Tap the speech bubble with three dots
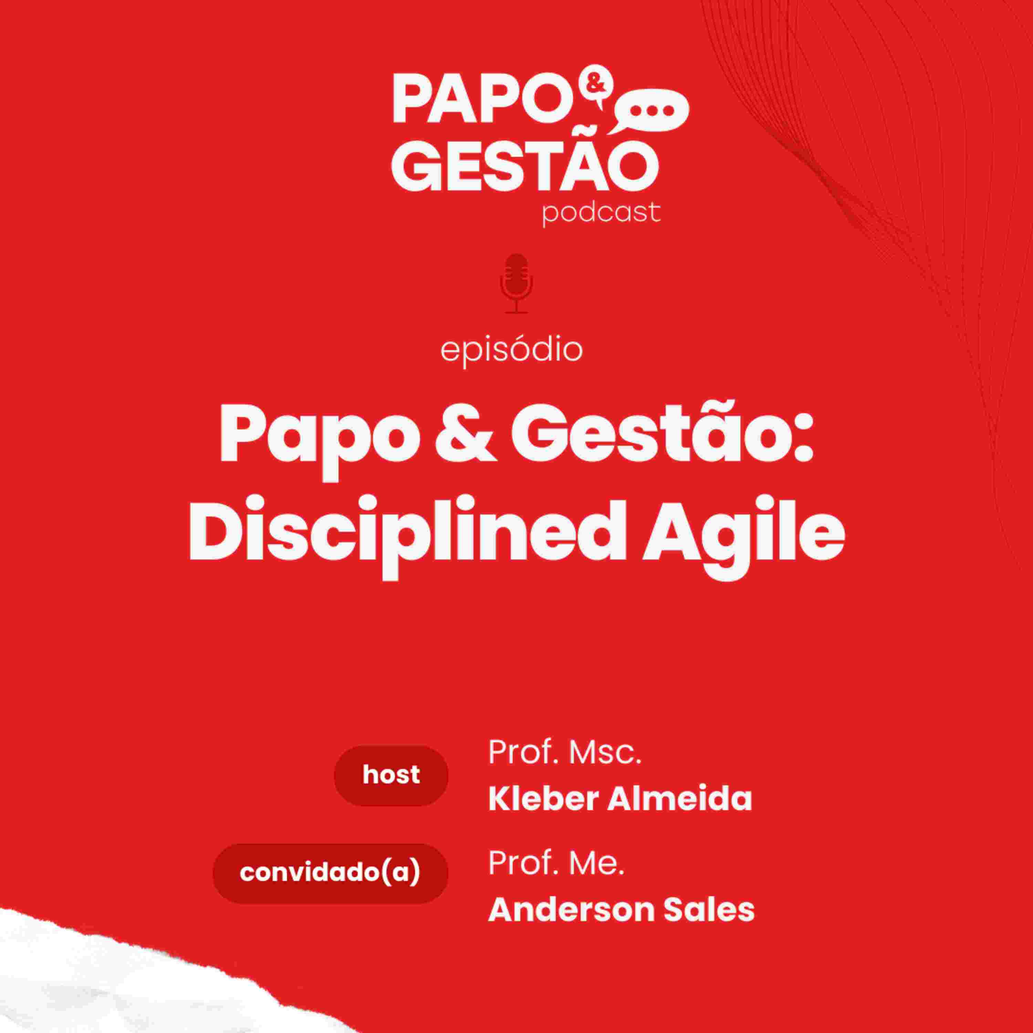649,111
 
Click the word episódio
511,351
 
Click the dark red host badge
391,775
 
